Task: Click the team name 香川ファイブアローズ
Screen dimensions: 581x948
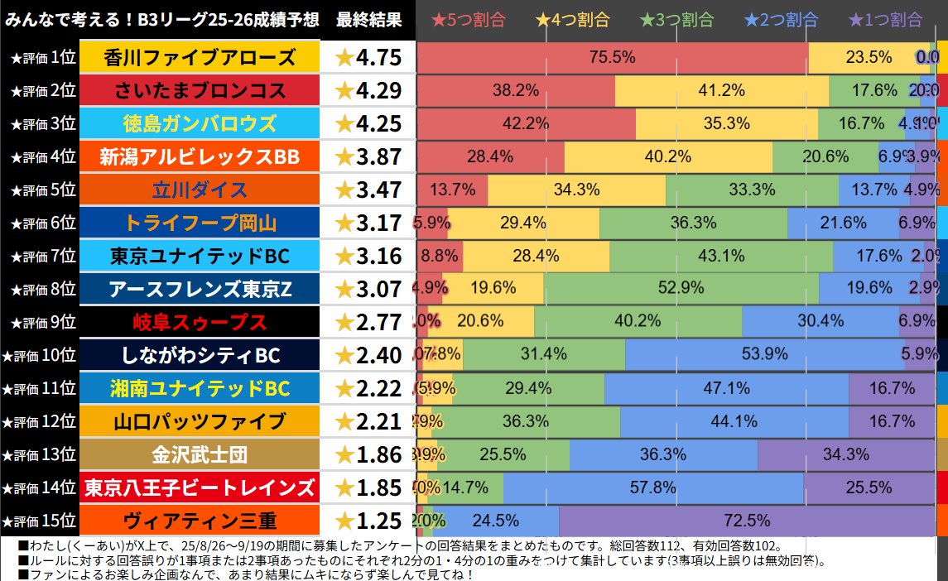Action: (x=200, y=57)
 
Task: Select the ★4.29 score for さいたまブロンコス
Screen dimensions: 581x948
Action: (x=368, y=90)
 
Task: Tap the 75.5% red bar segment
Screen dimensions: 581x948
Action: (x=612, y=57)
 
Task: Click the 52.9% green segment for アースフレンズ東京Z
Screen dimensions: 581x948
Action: (x=681, y=288)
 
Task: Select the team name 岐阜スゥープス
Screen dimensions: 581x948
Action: (x=200, y=322)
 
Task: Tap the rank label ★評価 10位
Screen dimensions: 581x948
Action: (x=39, y=355)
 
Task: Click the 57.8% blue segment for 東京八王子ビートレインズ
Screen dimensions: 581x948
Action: (x=652, y=487)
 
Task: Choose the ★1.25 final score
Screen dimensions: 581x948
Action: (x=368, y=521)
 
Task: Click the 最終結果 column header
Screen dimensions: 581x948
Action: (x=369, y=20)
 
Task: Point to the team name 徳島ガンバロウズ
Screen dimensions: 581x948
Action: (x=200, y=123)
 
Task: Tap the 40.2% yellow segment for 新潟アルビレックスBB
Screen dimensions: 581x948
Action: (x=667, y=156)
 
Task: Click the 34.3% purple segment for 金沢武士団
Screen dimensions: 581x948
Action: (x=846, y=454)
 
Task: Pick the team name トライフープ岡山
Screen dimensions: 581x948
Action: (x=200, y=223)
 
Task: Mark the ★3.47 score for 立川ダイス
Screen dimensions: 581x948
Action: (x=368, y=190)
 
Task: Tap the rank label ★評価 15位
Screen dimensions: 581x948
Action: (x=39, y=521)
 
